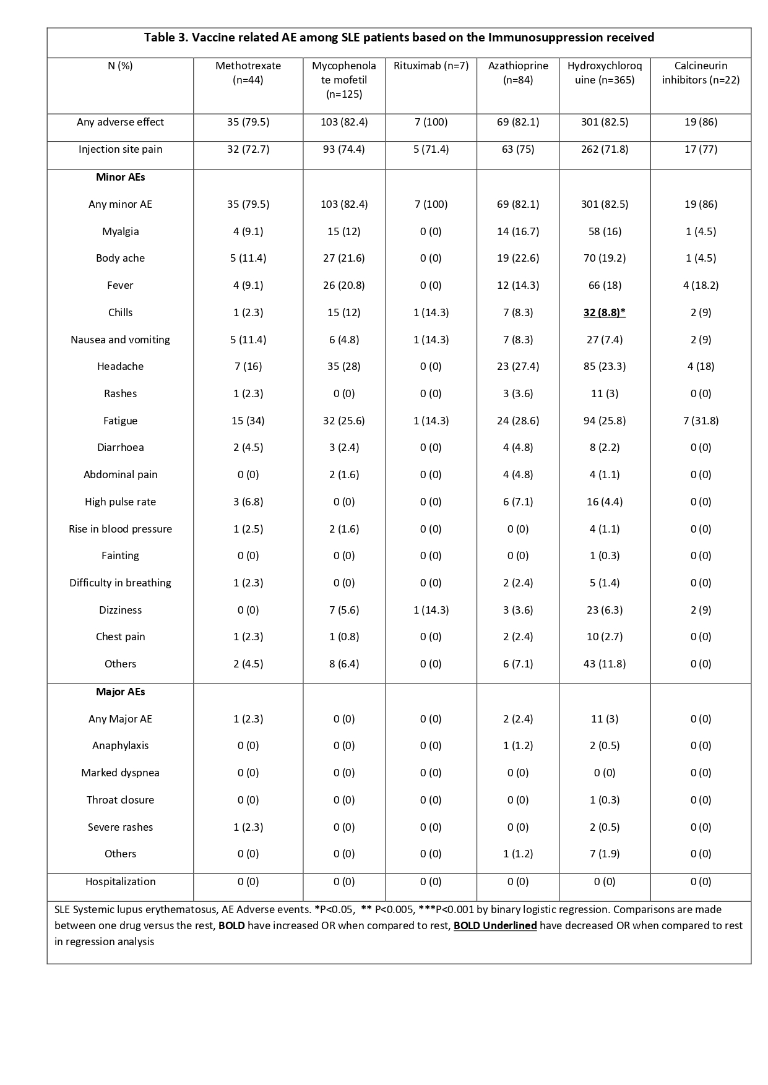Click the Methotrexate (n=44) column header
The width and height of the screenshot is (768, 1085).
point(248,72)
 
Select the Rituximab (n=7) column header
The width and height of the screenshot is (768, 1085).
point(431,66)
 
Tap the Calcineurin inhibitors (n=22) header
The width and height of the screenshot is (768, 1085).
point(701,72)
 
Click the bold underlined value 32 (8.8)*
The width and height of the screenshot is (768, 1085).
point(604,312)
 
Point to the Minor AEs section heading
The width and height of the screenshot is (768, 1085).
point(120,177)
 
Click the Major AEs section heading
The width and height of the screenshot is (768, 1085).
point(120,692)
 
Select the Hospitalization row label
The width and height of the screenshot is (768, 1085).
point(120,881)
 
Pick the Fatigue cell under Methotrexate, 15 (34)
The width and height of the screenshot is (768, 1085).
point(248,421)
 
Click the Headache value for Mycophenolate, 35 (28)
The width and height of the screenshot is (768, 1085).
point(344,366)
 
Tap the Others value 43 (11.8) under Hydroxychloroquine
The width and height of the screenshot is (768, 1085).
point(604,664)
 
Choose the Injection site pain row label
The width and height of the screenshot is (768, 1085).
point(120,149)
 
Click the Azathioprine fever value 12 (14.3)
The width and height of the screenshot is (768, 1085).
point(517,285)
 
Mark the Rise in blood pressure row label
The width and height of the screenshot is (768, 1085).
point(120,529)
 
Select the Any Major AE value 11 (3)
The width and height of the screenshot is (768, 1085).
point(604,719)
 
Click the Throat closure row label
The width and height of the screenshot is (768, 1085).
point(120,800)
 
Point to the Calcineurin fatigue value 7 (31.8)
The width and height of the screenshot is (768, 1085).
point(701,421)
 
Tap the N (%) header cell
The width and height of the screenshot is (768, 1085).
point(120,66)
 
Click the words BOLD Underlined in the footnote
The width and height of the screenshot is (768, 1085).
point(495,925)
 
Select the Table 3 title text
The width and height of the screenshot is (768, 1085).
point(399,38)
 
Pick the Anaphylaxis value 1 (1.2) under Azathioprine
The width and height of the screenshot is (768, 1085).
point(517,745)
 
